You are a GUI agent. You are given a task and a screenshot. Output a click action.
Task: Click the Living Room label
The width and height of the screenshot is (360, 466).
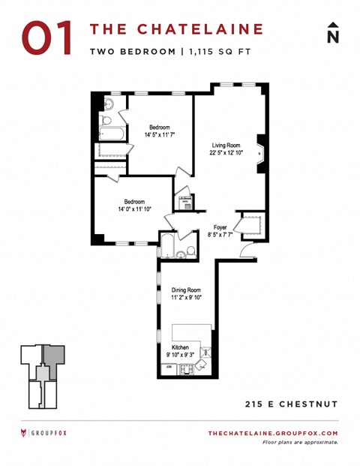point(225,145)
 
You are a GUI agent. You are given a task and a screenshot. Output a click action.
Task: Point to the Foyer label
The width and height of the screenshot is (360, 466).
point(220,227)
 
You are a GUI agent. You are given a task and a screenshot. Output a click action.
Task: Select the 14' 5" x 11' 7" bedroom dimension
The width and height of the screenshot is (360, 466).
point(160,135)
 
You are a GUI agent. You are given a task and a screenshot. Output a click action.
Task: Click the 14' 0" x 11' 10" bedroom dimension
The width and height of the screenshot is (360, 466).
point(136,209)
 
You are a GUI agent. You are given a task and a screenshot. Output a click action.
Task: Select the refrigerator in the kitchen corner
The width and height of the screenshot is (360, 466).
point(168,368)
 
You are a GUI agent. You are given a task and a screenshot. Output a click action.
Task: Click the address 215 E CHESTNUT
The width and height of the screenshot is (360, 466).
point(292,404)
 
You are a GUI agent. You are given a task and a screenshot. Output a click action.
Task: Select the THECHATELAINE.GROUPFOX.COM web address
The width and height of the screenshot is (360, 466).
point(272,433)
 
